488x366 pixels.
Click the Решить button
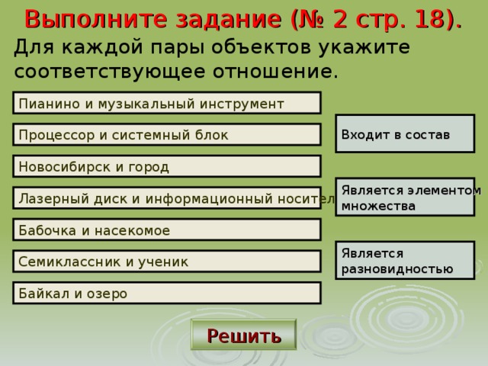click(243, 335)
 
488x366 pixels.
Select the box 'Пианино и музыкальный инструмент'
click(166, 103)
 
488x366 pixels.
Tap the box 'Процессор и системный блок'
click(166, 135)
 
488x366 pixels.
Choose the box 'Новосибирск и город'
click(166, 166)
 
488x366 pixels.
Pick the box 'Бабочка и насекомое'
click(166, 230)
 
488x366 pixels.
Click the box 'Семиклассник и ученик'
click(166, 262)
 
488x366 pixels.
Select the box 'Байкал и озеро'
click(166, 293)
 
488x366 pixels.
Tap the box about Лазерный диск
click(166, 198)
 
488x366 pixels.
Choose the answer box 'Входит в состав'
click(406, 133)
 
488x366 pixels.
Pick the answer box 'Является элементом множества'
click(406, 197)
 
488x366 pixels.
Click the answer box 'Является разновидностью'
click(406, 260)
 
